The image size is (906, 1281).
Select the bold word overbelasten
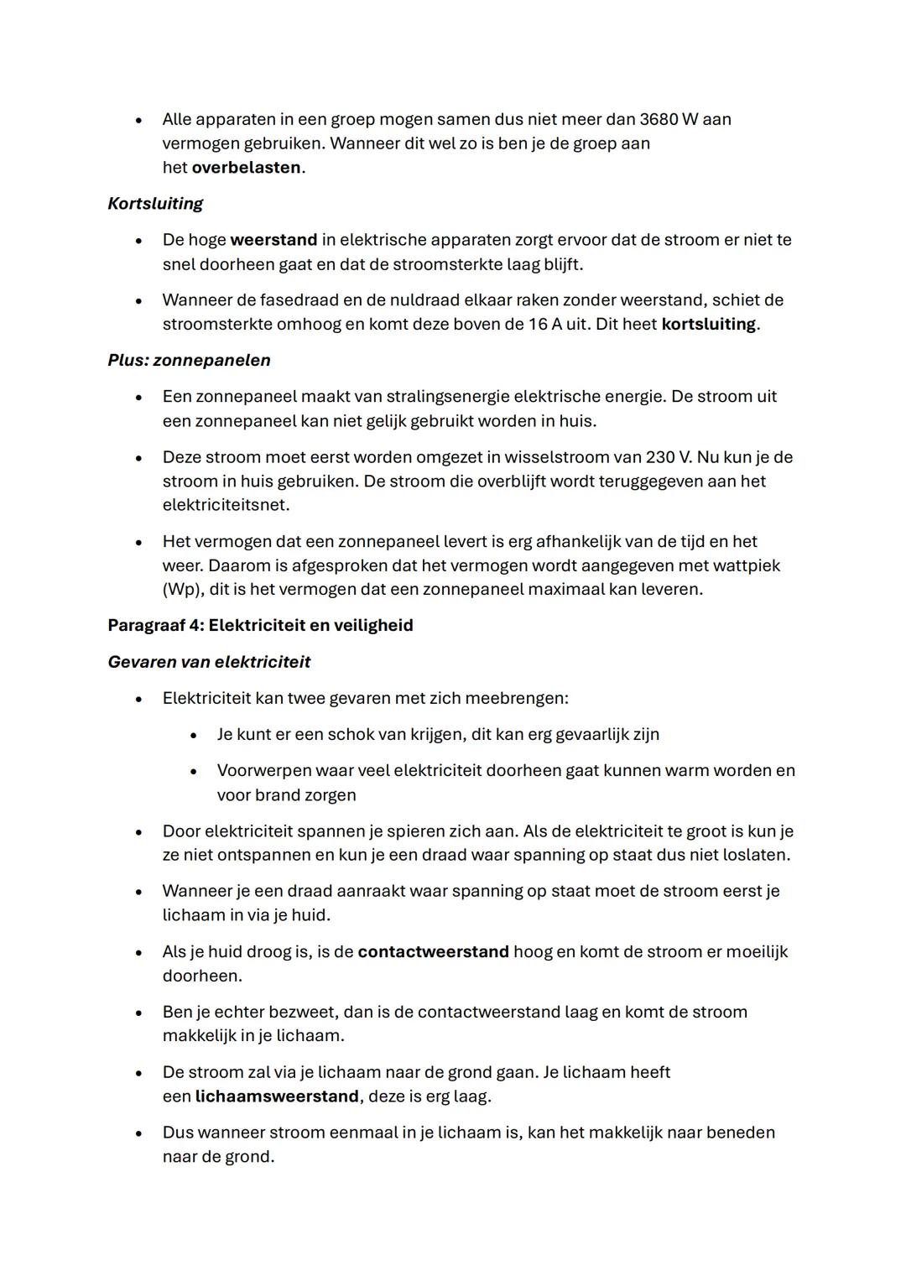coord(246,167)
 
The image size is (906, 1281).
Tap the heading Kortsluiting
coord(155,203)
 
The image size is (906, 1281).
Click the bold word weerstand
coord(273,240)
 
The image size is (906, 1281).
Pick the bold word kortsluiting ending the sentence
coord(708,324)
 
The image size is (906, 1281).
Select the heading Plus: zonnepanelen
coord(189,360)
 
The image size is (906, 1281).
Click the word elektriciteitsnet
coord(226,505)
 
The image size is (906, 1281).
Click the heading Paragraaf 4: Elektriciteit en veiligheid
coord(260,625)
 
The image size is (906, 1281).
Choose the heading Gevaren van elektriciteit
coord(209,662)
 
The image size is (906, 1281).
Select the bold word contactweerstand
coord(433,951)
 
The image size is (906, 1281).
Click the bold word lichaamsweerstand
coord(277,1096)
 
